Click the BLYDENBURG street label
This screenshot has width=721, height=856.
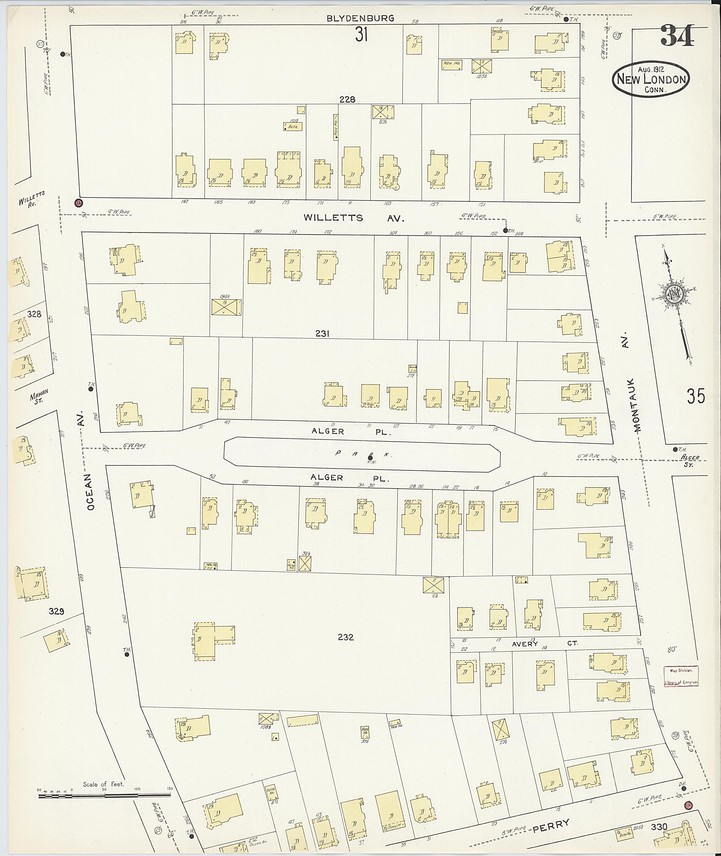[360, 18]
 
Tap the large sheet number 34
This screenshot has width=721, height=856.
[677, 36]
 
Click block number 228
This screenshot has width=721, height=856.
[347, 99]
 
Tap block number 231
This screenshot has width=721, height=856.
[322, 334]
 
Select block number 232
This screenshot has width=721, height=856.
[346, 637]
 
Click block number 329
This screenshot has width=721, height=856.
[56, 611]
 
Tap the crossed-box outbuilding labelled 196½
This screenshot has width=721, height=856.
[226, 307]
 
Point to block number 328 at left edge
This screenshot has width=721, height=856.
[35, 314]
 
